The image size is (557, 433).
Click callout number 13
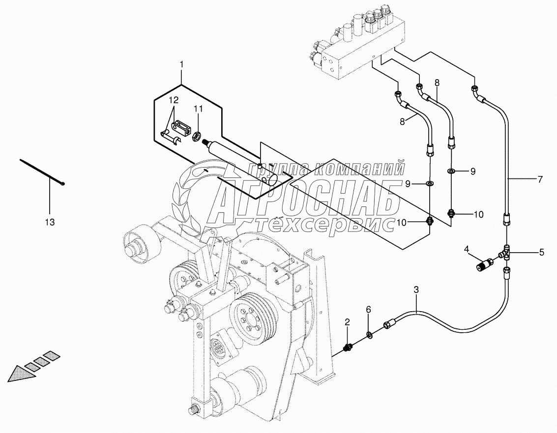click(50, 222)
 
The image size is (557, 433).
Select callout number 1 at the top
click(181, 64)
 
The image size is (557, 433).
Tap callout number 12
click(173, 100)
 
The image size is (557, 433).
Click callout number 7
click(540, 180)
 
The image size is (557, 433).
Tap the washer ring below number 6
click(369, 334)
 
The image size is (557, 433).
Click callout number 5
click(541, 253)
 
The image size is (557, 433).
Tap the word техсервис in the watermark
click(325, 224)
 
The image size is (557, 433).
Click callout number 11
click(198, 109)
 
